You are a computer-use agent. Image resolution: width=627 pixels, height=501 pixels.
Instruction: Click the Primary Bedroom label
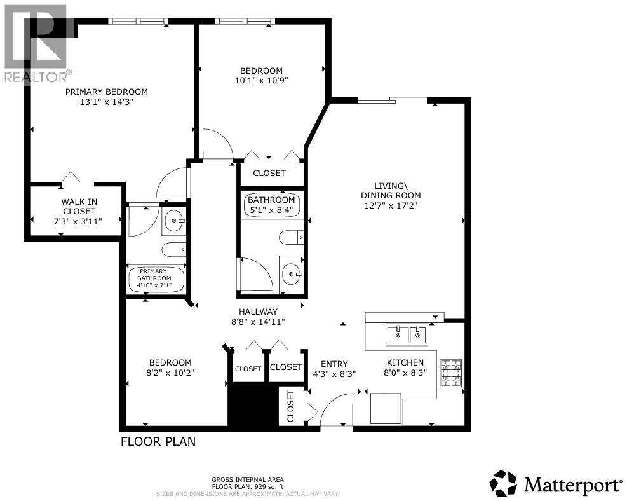[x=107, y=92]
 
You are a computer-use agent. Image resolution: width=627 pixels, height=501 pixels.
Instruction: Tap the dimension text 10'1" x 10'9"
[x=261, y=80]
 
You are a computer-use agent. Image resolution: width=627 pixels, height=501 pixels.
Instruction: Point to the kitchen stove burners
[x=451, y=373]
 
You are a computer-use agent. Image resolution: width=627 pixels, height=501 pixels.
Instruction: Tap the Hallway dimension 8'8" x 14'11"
[x=258, y=322]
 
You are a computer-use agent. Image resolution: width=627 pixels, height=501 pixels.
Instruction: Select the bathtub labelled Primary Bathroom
[x=156, y=278]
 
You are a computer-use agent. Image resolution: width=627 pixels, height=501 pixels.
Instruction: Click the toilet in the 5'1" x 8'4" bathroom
[x=291, y=238]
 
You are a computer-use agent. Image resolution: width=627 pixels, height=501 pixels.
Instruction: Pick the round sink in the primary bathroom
[x=173, y=222]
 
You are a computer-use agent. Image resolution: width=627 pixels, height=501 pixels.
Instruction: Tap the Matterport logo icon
[x=504, y=484]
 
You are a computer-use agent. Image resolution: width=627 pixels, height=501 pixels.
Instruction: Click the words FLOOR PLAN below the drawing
[x=158, y=441]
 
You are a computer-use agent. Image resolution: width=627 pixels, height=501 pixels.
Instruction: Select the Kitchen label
[x=405, y=362]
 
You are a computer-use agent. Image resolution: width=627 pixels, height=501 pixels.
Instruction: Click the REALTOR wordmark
[x=36, y=77]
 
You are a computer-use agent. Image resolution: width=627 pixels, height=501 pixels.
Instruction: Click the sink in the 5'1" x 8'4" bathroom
[x=292, y=275]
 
